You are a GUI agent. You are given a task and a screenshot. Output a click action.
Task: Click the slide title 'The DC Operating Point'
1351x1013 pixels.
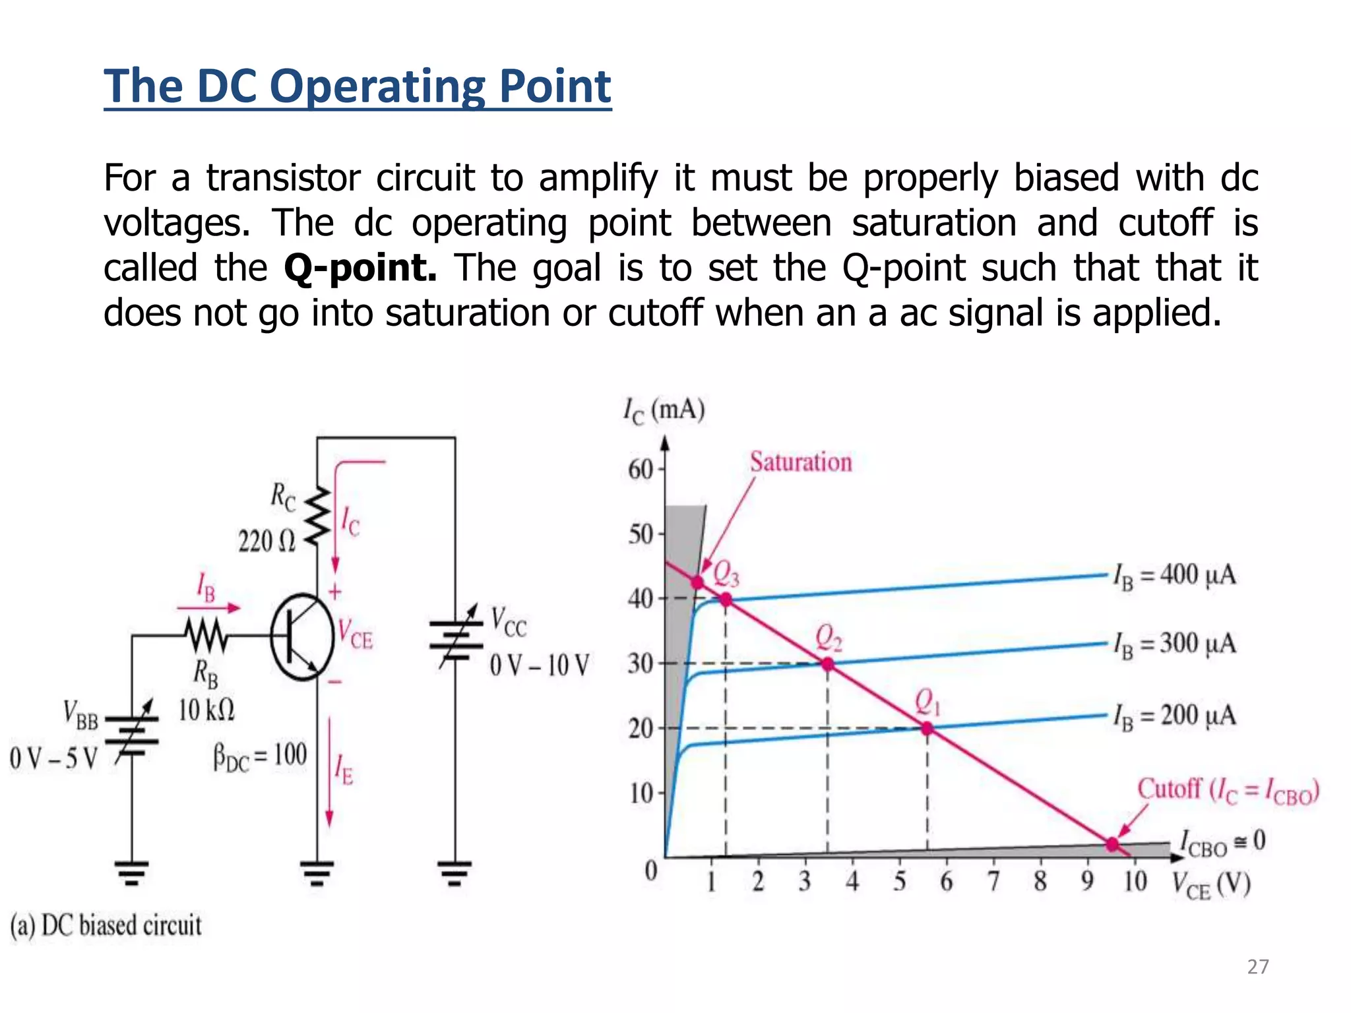358,86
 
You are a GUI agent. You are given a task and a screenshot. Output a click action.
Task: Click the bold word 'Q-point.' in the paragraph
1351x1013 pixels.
360,268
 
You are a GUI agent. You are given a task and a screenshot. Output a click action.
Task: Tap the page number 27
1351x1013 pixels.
1258,967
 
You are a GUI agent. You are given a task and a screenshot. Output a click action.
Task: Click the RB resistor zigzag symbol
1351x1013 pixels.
206,636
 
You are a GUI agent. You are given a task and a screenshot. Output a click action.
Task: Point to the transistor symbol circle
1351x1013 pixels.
302,636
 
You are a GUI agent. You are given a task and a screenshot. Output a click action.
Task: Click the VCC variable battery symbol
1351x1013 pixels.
455,636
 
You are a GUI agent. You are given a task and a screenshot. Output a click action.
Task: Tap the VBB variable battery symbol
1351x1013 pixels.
132,731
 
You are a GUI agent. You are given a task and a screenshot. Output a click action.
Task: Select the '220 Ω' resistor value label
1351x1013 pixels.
267,542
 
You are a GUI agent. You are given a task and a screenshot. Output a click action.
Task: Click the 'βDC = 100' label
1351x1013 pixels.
260,756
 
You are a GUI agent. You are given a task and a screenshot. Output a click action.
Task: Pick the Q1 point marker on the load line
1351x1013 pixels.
927,728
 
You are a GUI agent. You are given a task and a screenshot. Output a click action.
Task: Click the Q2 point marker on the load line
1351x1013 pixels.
827,664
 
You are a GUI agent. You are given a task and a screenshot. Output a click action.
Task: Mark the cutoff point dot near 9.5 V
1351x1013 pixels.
1112,844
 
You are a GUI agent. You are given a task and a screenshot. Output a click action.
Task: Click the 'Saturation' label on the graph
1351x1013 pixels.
800,462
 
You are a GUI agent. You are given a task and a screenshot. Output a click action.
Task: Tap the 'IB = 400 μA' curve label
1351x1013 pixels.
1174,575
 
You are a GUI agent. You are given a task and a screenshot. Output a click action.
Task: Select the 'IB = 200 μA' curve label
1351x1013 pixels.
1174,716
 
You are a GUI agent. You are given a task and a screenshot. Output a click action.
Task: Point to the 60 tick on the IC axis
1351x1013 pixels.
640,470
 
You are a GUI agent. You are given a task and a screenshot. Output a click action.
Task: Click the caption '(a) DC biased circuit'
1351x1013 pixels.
106,925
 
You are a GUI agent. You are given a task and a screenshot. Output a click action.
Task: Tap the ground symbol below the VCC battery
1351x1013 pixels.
455,873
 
